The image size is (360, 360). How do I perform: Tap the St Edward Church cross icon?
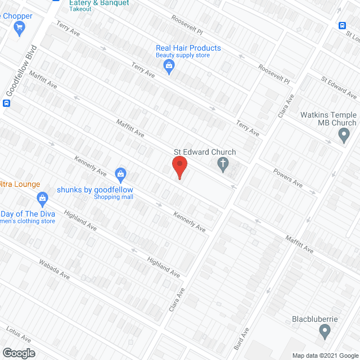[x=223, y=164]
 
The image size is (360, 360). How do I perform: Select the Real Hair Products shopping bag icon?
[x=169, y=67]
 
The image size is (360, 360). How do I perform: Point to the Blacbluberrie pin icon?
[x=324, y=332]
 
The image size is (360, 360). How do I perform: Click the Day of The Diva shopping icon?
[x=42, y=198]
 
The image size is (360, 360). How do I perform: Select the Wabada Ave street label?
[x=54, y=269]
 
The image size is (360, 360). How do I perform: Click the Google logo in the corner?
[x=18, y=353]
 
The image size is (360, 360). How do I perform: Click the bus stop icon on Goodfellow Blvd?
[x=7, y=103]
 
